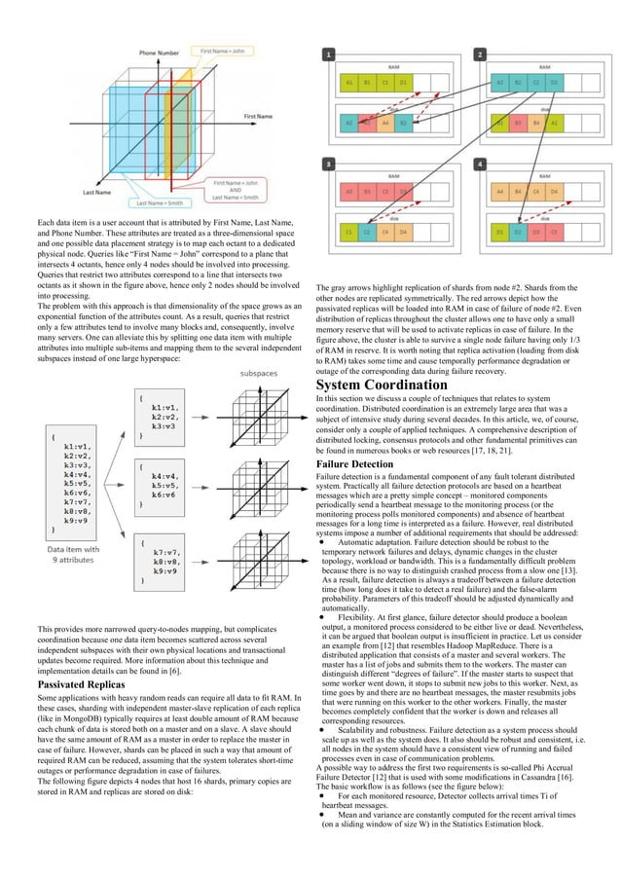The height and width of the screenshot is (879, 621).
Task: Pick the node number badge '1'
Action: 331,55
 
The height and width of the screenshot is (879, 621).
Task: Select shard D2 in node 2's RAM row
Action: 554,84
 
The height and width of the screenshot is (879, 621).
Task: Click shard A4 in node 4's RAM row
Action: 500,193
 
